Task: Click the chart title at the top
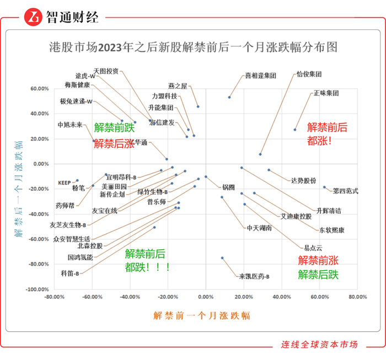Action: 192,47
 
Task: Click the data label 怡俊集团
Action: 309,74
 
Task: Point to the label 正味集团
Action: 326,93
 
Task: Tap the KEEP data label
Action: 65,182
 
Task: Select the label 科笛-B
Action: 70,273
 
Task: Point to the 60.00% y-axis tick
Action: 40,88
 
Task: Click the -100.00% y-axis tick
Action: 39,289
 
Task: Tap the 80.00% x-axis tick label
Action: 357,297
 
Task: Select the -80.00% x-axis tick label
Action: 53,297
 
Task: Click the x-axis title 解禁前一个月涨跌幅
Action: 201,315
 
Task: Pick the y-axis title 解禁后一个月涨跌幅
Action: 19,189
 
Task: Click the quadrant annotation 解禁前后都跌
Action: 145,260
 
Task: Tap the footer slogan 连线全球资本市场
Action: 319,345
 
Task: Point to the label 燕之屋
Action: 178,86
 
